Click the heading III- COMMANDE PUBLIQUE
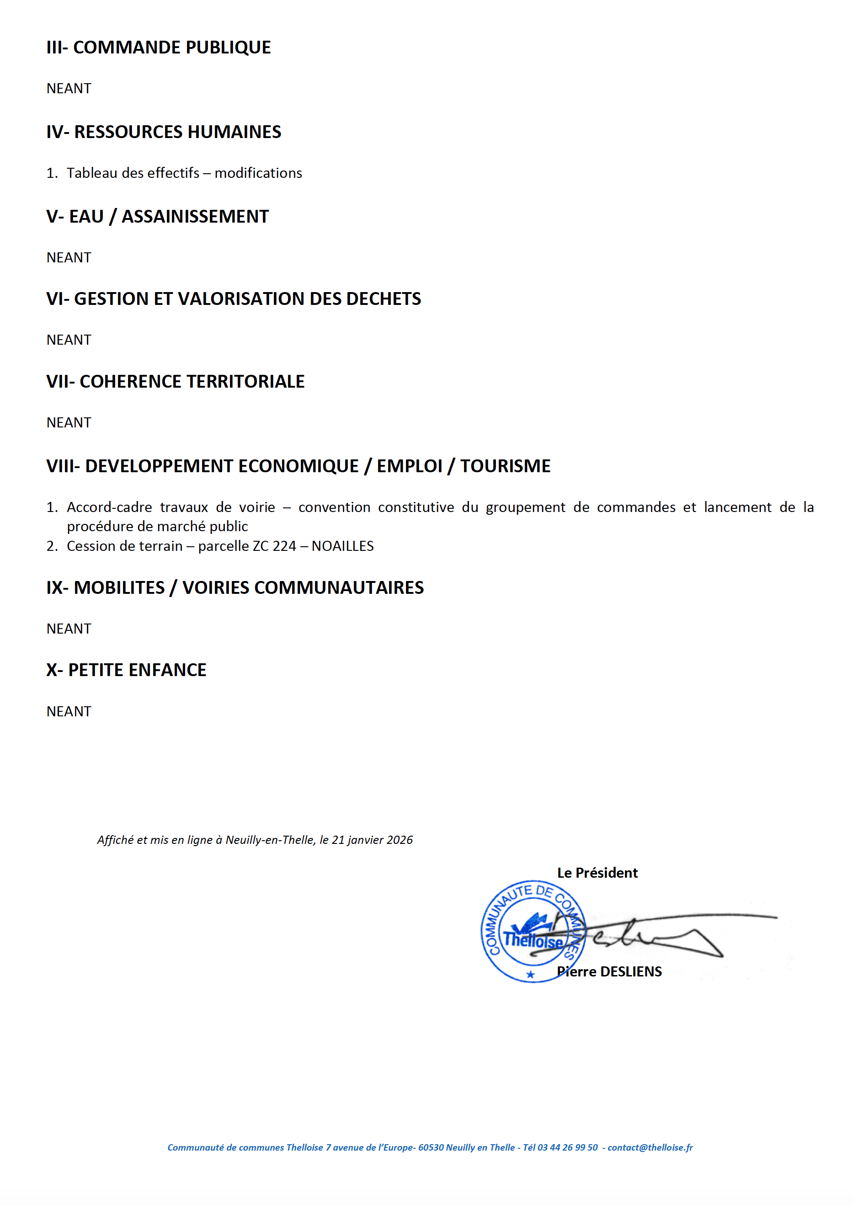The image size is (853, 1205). (158, 47)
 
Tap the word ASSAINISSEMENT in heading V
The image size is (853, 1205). (195, 216)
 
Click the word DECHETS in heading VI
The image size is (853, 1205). (384, 299)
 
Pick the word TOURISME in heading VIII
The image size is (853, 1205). (505, 466)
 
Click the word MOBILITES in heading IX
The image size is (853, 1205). (119, 588)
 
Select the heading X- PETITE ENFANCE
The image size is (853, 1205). (126, 670)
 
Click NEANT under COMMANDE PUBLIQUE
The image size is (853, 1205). (69, 88)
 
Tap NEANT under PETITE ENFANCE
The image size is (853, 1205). (69, 711)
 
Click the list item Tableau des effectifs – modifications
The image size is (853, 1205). (184, 173)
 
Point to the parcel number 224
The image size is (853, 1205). (284, 546)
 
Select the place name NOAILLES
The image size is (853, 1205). (342, 546)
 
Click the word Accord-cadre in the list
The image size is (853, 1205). (109, 507)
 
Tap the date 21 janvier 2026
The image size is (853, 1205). (373, 840)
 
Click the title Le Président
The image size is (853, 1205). (597, 873)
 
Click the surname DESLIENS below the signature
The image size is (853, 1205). (630, 972)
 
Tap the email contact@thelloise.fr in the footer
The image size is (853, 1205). (650, 1148)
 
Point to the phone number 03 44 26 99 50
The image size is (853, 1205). (567, 1148)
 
